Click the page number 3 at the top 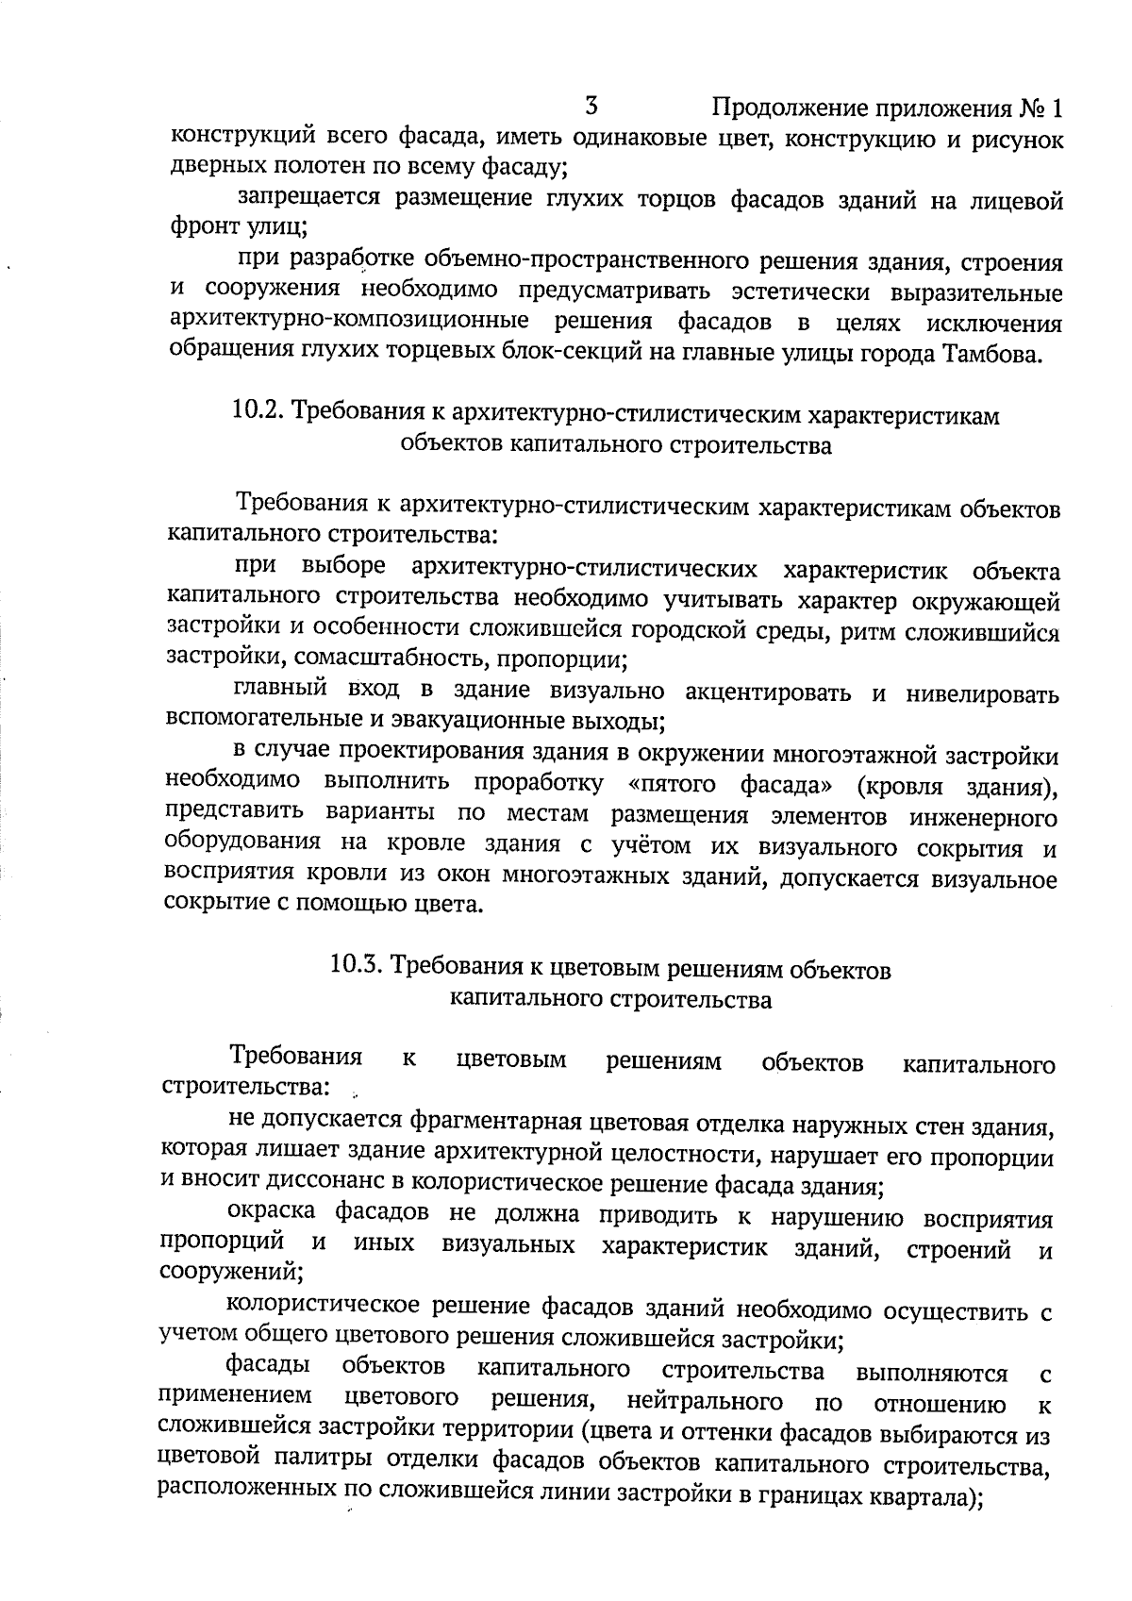tap(593, 104)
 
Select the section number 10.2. tap(258, 411)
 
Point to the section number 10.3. tap(357, 966)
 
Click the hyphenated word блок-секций tap(595, 355)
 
